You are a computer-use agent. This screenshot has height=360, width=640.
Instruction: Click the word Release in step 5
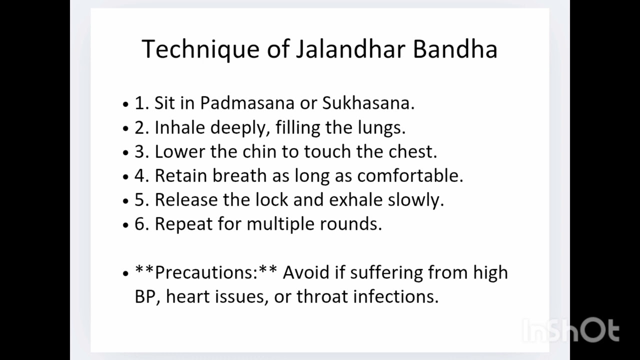click(186, 199)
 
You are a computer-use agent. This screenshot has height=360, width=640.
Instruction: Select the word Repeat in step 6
click(183, 223)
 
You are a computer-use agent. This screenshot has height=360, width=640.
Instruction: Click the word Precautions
click(206, 272)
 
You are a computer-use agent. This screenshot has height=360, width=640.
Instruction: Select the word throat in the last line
click(322, 296)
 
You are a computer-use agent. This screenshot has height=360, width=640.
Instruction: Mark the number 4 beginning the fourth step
click(139, 176)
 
